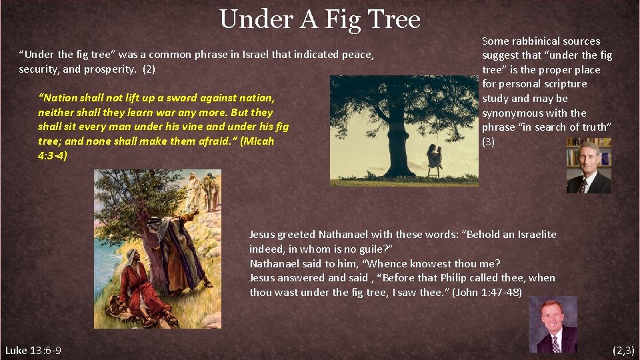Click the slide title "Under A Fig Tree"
pyautogui.click(x=319, y=19)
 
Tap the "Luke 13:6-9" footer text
pyautogui.click(x=33, y=350)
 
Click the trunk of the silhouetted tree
pyautogui.click(x=398, y=143)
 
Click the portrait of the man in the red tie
pyautogui.click(x=553, y=325)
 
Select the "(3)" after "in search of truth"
pyautogui.click(x=489, y=142)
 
